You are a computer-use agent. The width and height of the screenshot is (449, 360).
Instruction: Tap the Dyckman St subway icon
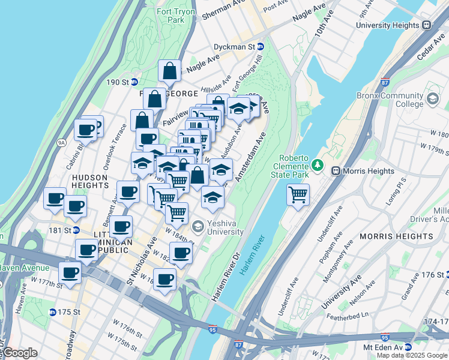point(261,46)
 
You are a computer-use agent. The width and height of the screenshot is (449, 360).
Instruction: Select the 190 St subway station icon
point(134,82)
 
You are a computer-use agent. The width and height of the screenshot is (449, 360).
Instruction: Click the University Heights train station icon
point(427,25)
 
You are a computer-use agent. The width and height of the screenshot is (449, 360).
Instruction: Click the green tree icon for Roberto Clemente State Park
point(317,164)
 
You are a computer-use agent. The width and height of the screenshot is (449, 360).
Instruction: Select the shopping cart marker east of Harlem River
point(298,194)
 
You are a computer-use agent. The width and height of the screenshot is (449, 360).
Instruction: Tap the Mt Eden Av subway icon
point(408,347)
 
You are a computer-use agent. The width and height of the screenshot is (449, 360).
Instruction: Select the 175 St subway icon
point(53,312)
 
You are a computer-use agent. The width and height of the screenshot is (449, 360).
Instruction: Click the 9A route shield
point(61,142)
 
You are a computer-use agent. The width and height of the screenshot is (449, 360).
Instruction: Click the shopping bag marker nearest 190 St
point(170,71)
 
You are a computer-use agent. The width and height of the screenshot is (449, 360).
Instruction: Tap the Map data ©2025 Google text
point(412,355)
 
